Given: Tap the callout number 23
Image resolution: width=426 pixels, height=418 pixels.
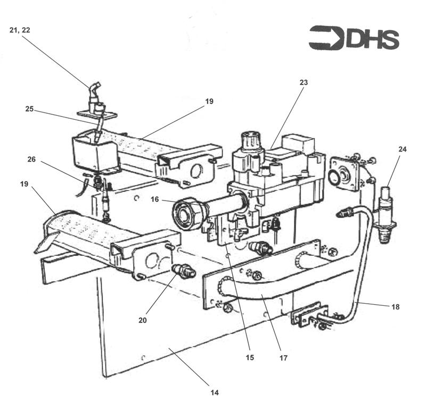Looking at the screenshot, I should pos(304,82).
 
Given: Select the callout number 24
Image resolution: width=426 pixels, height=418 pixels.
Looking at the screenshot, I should pos(402,149).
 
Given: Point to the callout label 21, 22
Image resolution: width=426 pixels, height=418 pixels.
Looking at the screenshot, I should pos(20,30).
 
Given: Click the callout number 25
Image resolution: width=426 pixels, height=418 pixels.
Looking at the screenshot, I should pos(29,109).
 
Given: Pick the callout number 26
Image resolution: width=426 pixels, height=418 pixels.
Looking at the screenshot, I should pos(31,159).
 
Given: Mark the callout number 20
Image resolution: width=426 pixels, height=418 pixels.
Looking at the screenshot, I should pos(143,320).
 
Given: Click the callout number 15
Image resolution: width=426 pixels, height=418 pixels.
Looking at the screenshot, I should pos(250,357).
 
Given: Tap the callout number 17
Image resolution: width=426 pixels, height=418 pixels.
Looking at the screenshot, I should pos(283,358).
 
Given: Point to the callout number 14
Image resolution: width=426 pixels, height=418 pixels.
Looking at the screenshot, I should pos(214,393).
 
